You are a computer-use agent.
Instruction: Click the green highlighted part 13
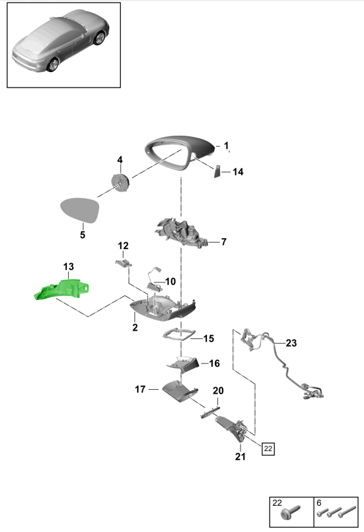point(62,289)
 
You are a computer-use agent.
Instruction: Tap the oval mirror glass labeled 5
point(80,210)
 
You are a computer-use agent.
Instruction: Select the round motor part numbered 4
point(120,183)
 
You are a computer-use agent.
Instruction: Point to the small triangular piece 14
point(217,171)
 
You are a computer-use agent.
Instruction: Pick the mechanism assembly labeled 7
point(181,234)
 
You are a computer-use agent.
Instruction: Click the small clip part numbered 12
point(123,262)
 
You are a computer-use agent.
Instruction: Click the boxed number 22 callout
point(268,448)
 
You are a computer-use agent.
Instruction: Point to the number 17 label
point(140,389)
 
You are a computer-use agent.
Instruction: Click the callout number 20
point(218,390)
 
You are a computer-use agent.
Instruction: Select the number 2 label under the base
point(135,327)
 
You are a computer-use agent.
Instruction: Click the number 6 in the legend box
point(319,502)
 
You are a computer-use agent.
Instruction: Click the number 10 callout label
point(170,281)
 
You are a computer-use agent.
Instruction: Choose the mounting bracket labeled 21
point(232,428)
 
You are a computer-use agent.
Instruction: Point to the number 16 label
point(214,363)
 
